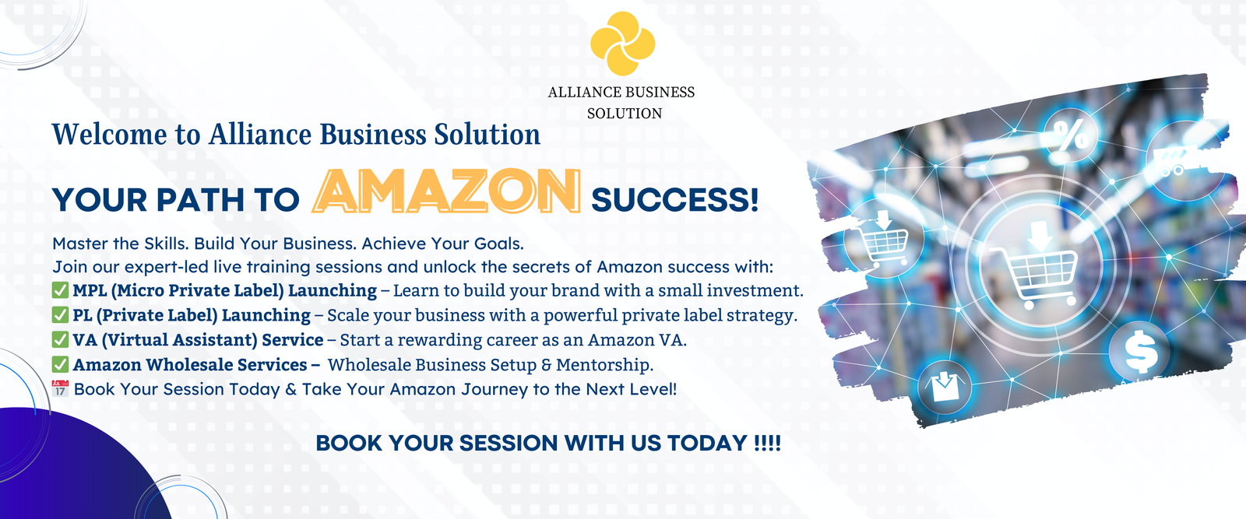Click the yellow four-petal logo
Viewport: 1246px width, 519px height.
(x=622, y=44)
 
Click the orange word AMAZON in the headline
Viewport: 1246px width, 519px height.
(x=447, y=191)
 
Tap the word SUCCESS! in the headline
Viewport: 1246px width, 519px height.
(x=674, y=200)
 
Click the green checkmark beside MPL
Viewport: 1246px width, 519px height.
(x=60, y=290)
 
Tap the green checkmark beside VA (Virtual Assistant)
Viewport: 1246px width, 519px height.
(x=60, y=339)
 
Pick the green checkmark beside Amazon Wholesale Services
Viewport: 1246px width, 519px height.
(x=60, y=364)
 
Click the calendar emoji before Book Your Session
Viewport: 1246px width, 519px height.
(x=60, y=388)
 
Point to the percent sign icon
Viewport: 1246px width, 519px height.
(x=1071, y=135)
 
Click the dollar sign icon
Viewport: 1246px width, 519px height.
(x=1140, y=352)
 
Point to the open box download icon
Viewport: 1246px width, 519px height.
(x=943, y=387)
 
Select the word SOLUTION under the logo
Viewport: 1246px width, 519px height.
(x=625, y=114)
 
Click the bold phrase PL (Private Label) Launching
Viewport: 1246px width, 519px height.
(x=192, y=316)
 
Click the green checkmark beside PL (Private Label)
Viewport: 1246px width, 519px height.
(x=60, y=315)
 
